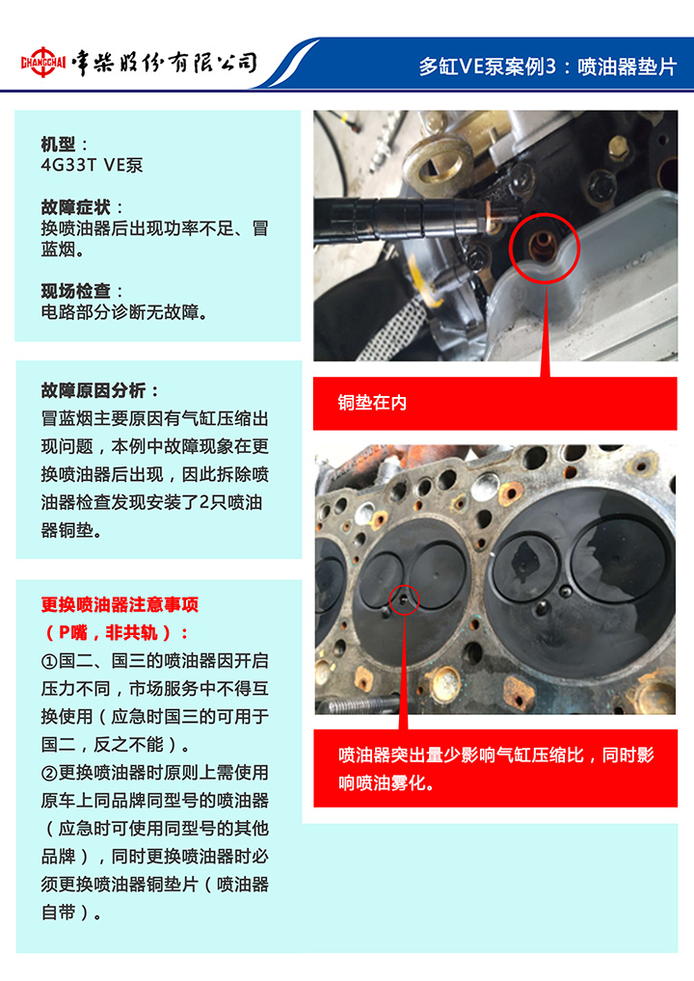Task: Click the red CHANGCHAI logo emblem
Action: tap(43, 62)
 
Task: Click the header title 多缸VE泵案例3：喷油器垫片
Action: tap(547, 66)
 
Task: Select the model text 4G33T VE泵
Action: tap(92, 165)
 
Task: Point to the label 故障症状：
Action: tap(83, 207)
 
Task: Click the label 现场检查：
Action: tap(83, 291)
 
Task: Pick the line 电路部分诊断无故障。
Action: tap(124, 311)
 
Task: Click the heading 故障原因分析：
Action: tap(100, 391)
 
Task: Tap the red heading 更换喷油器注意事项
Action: tap(120, 604)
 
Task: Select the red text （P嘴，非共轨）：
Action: tap(115, 632)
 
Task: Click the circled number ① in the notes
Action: tap(49, 661)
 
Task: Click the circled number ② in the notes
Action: tap(49, 773)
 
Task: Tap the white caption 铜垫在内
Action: tap(372, 402)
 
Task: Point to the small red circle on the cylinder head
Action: tap(390, 600)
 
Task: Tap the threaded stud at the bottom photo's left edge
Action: tap(359, 705)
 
